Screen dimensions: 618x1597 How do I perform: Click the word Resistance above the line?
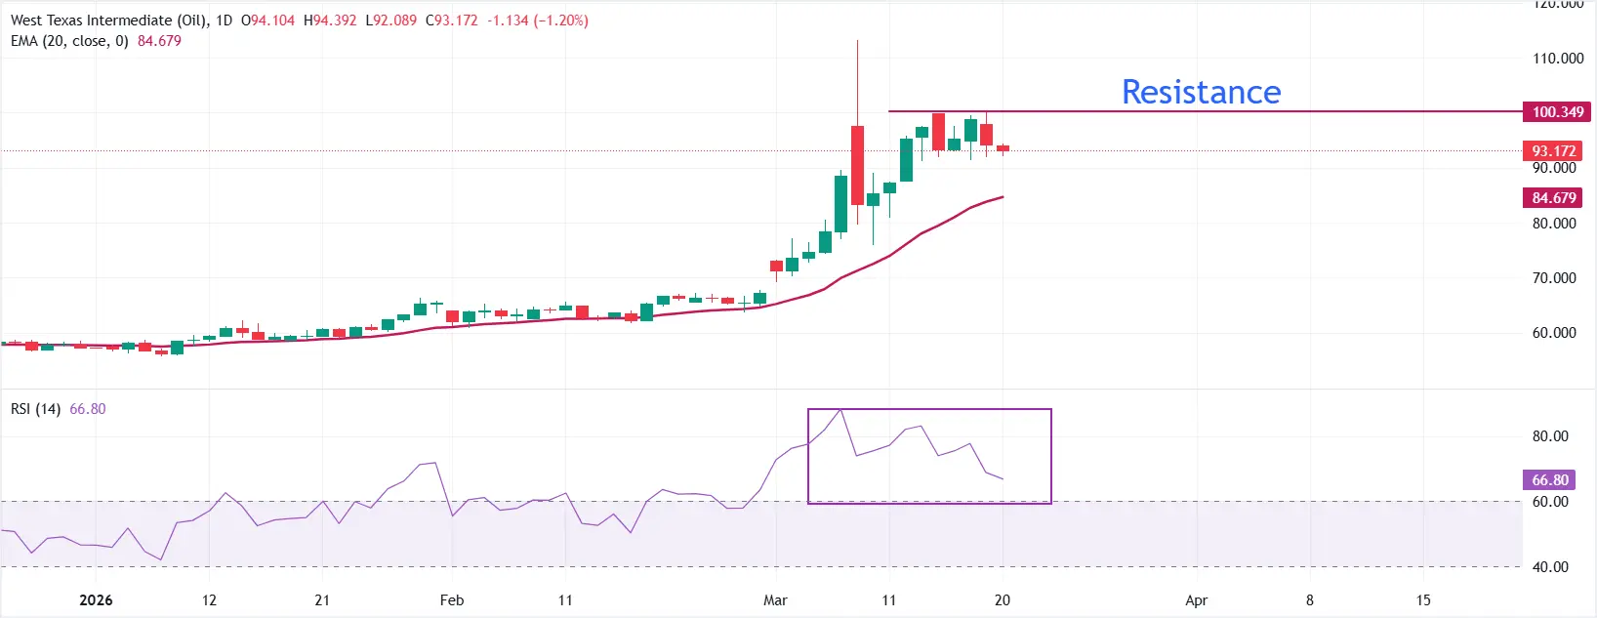[1201, 92]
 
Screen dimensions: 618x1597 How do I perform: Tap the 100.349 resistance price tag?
[1557, 112]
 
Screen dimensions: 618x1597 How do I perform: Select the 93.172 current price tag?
[1553, 151]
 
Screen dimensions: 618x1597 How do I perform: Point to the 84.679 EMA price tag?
[1553, 198]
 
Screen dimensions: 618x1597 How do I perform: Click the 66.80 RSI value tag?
[1549, 480]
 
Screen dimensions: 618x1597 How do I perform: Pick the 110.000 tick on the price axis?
[1558, 59]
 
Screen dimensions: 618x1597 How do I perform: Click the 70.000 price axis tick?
[1554, 278]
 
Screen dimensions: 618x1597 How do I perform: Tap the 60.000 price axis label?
[1554, 333]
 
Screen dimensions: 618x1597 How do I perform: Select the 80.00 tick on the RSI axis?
[1550, 436]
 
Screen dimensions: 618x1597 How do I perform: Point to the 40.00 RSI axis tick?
[1550, 567]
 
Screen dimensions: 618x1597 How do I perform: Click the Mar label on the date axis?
[775, 600]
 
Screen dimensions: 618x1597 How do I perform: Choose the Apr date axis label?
[1196, 600]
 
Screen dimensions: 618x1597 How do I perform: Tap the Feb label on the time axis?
[451, 600]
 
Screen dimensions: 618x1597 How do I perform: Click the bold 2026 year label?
[96, 600]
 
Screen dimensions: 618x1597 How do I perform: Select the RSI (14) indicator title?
[36, 409]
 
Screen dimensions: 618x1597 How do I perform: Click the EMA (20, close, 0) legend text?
[69, 41]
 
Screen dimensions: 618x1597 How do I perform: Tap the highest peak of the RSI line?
[840, 410]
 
